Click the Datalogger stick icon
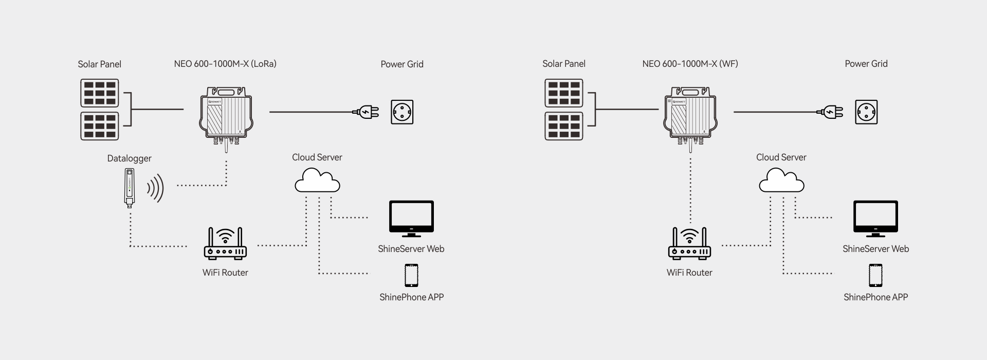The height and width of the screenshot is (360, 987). (130, 188)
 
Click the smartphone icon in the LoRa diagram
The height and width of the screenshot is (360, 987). (411, 276)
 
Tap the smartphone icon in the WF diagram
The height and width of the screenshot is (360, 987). (875, 276)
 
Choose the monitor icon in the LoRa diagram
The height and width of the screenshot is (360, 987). (411, 218)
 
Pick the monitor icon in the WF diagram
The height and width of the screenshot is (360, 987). (875, 218)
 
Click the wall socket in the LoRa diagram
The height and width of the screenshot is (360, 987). (402, 112)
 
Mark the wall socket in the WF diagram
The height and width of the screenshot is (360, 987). (866, 112)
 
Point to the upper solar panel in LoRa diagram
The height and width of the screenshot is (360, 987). (100, 93)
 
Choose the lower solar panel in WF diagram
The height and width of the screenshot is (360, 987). (564, 126)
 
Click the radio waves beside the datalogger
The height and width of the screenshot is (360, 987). (156, 188)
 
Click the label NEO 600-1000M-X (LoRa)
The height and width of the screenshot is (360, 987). (225, 64)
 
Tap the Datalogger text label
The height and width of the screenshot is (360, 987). (130, 158)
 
